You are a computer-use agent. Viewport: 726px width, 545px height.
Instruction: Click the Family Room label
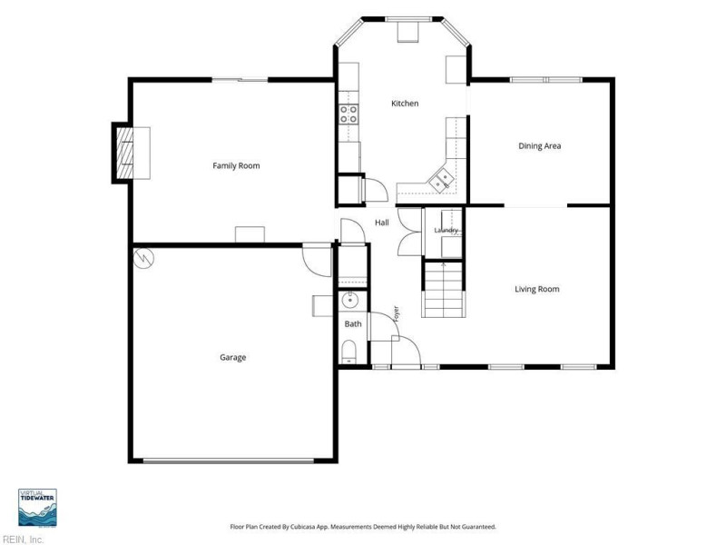[236, 165]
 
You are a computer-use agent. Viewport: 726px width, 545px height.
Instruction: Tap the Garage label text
[233, 357]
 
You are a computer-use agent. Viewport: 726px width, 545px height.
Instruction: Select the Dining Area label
[539, 146]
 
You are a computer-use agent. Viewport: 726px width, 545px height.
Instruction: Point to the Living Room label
[537, 289]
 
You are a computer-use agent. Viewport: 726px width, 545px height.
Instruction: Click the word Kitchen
[405, 104]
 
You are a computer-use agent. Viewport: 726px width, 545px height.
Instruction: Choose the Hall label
[382, 223]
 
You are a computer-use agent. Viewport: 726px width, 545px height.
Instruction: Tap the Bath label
[353, 324]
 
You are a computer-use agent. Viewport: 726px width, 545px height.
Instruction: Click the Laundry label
[446, 231]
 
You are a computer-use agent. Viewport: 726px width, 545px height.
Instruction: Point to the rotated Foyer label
[396, 313]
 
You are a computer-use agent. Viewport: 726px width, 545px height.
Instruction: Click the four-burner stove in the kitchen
[348, 114]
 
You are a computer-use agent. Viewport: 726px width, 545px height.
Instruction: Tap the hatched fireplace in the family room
[125, 153]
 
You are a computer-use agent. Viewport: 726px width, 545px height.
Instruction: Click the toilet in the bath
[348, 352]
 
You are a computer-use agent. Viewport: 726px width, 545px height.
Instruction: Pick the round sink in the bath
[350, 301]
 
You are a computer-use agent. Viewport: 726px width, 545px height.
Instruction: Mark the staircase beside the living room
[444, 290]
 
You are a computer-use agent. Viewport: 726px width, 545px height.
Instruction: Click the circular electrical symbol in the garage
[143, 258]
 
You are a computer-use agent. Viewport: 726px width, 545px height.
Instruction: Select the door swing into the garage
[317, 260]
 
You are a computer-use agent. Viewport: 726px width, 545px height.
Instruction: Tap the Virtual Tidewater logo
[37, 508]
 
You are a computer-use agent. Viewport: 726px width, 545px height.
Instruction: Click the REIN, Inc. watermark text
[22, 540]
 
